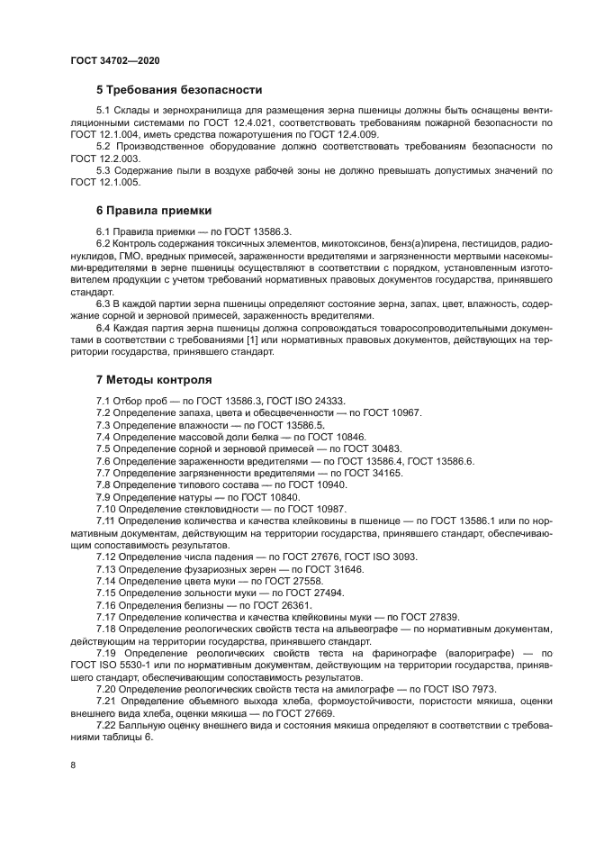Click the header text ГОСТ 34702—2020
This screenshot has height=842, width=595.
114,60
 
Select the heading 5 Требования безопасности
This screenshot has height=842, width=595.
179,90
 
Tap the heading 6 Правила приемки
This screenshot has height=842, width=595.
154,211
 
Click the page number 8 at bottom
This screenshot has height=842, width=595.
73,765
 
